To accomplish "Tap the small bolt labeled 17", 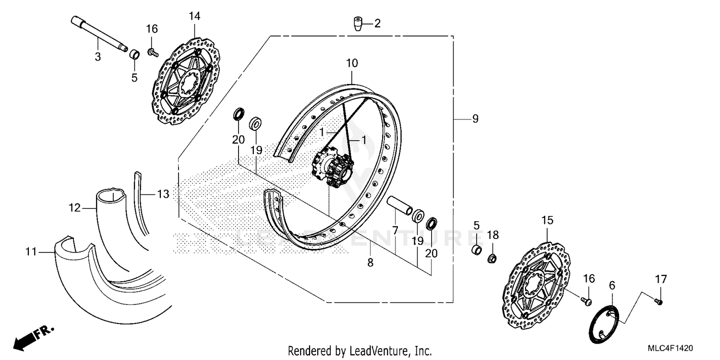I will pyautogui.click(x=659, y=301).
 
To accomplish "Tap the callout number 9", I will pyautogui.click(x=475, y=119).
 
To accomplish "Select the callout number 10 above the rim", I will pyautogui.click(x=352, y=63).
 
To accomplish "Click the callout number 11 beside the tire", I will pyautogui.click(x=31, y=251).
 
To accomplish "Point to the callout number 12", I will pyautogui.click(x=74, y=208).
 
